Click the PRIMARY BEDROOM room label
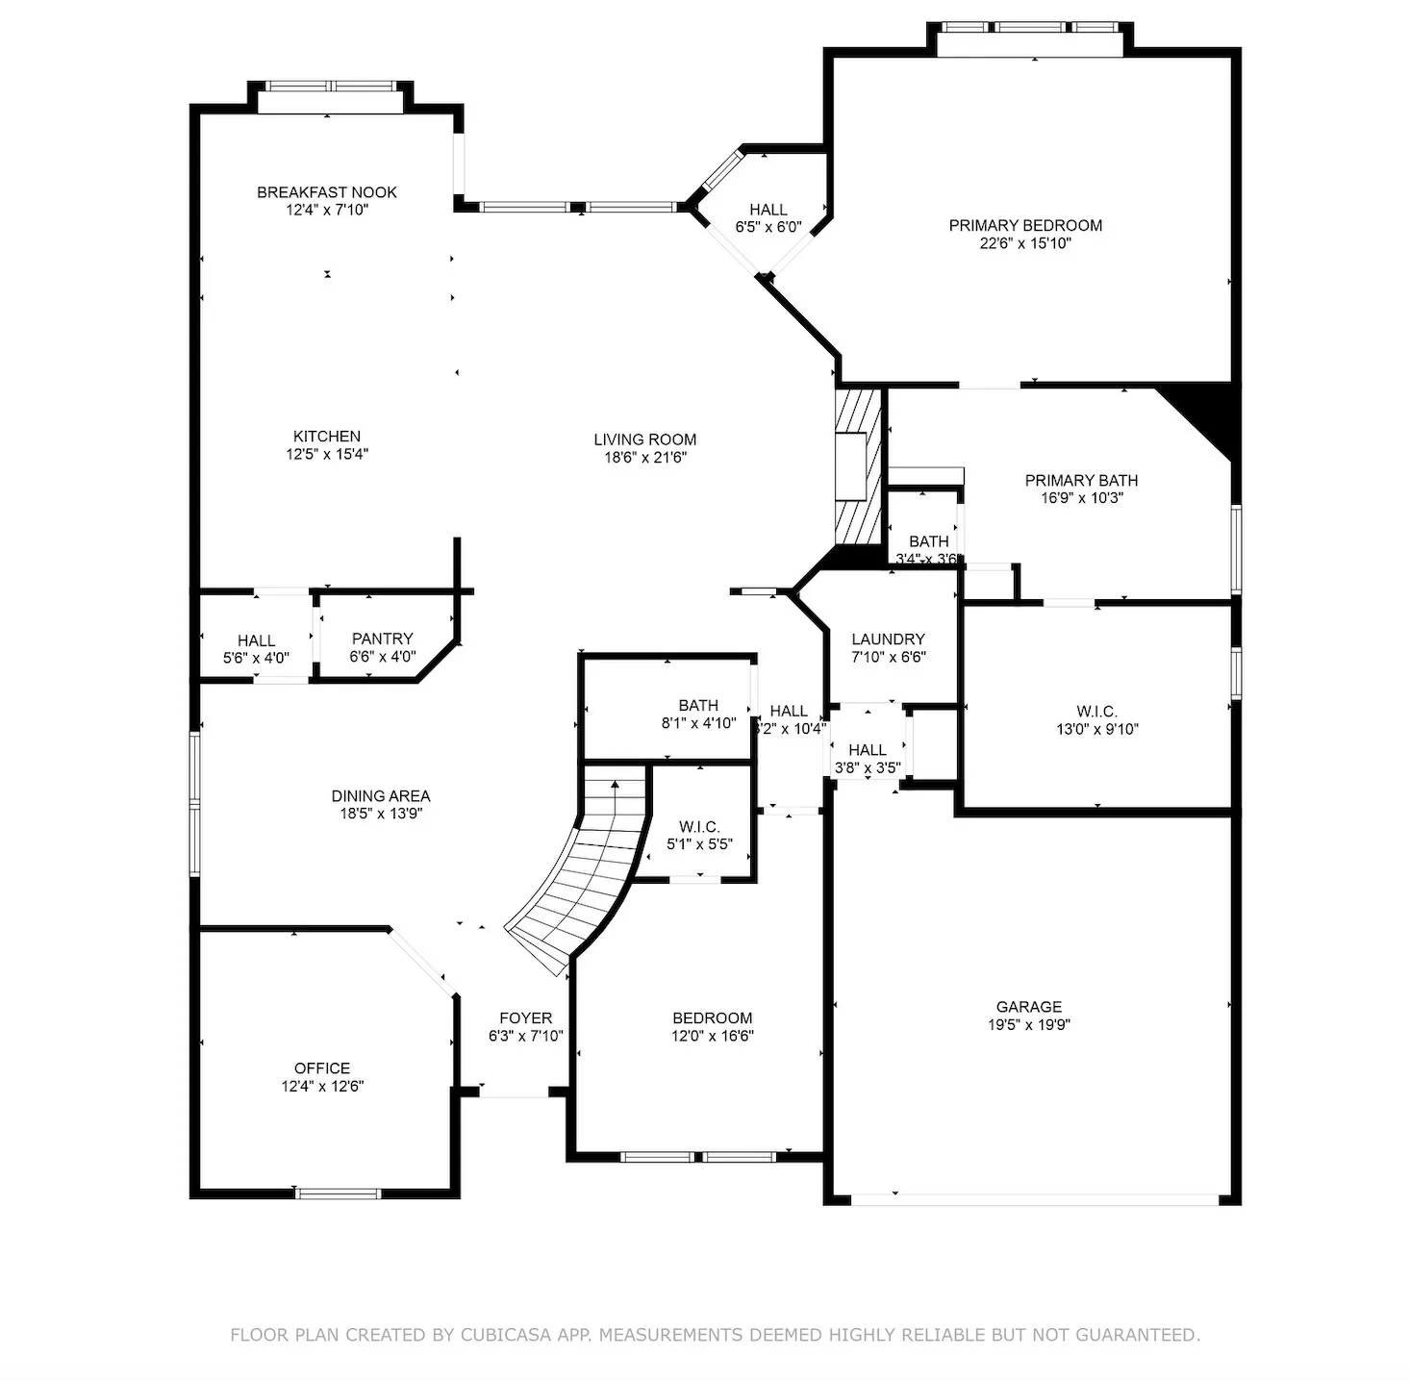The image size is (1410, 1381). pos(1025,225)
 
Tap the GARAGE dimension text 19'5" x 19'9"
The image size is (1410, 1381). pos(1028,1025)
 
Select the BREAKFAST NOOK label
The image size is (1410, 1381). pos(327,192)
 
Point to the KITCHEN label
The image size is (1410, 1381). pos(327,437)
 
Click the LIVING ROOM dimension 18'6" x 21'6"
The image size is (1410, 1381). pos(644,458)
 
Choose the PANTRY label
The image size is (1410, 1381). pos(382,639)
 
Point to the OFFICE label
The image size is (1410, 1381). pos(322,1068)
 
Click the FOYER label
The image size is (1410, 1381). pos(525,1018)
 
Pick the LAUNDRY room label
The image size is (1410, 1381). pos(888,640)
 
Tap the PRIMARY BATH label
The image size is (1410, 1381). pos(1081,481)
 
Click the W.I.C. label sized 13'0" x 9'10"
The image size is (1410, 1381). pos(1096,712)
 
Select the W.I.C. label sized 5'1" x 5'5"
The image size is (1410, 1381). pos(699,827)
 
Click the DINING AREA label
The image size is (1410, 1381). pos(381,796)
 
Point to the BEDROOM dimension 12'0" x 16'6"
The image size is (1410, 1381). pos(712,1037)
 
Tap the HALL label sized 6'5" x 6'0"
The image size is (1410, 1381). pos(768,210)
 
